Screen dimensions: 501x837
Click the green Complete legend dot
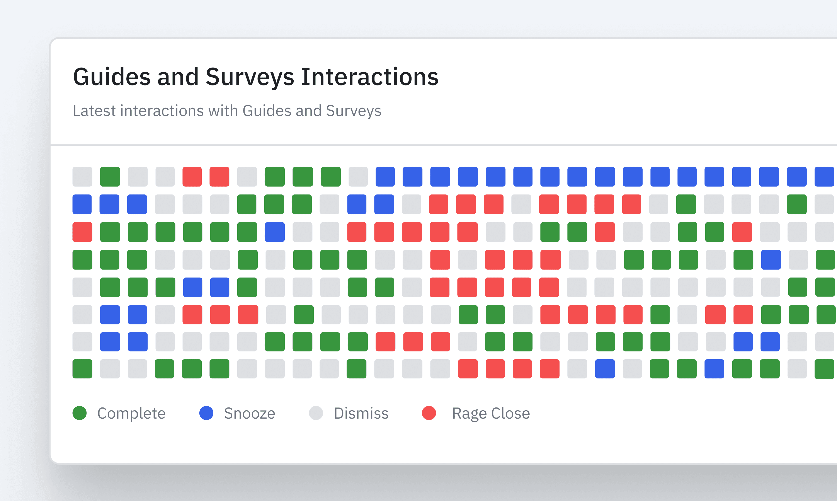tap(80, 413)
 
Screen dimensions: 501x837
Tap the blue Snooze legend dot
tap(206, 413)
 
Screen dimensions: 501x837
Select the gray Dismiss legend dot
tap(316, 413)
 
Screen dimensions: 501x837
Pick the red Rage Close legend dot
tap(429, 413)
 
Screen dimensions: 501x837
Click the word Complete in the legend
tap(131, 413)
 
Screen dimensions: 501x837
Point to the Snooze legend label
tap(249, 413)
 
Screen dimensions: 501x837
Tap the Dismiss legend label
tap(361, 413)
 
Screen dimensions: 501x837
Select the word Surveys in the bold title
tap(250, 77)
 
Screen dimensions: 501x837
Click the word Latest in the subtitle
tap(94, 111)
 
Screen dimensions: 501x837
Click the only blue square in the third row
tap(275, 232)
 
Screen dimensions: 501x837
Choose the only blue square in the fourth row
tap(771, 260)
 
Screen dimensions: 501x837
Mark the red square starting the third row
tap(82, 232)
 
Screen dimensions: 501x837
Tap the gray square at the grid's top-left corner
tap(82, 177)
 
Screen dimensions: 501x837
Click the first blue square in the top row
tap(385, 177)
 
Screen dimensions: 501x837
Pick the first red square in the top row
tap(192, 177)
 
